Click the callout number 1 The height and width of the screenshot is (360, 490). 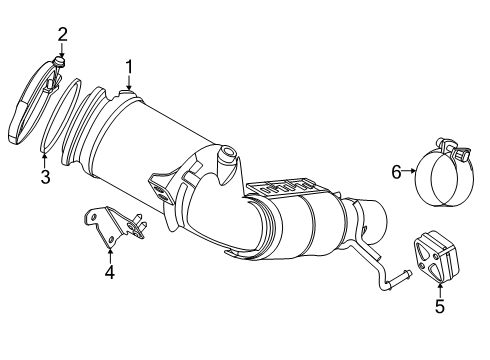pyautogui.click(x=129, y=67)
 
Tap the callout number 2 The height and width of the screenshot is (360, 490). pyautogui.click(x=63, y=34)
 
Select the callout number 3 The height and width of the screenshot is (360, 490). pyautogui.click(x=45, y=176)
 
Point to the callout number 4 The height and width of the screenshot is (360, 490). pyautogui.click(x=110, y=272)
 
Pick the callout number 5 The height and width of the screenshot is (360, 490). pyautogui.click(x=440, y=306)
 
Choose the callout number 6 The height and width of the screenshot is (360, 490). pyautogui.click(x=396, y=172)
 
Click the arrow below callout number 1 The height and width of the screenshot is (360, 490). pyautogui.click(x=129, y=84)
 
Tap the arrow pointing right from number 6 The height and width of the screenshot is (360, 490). pyautogui.click(x=409, y=171)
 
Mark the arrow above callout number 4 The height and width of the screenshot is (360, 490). pyautogui.click(x=110, y=256)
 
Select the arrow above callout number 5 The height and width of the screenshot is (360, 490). pyautogui.click(x=440, y=290)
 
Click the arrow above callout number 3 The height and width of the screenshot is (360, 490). pyautogui.click(x=45, y=160)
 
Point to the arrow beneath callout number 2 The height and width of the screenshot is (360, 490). pyautogui.click(x=62, y=50)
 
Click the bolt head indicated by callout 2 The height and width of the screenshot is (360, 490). pyautogui.click(x=59, y=61)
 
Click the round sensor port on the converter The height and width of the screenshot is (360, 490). pyautogui.click(x=227, y=153)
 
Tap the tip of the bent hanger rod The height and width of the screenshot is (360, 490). pyautogui.click(x=409, y=273)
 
